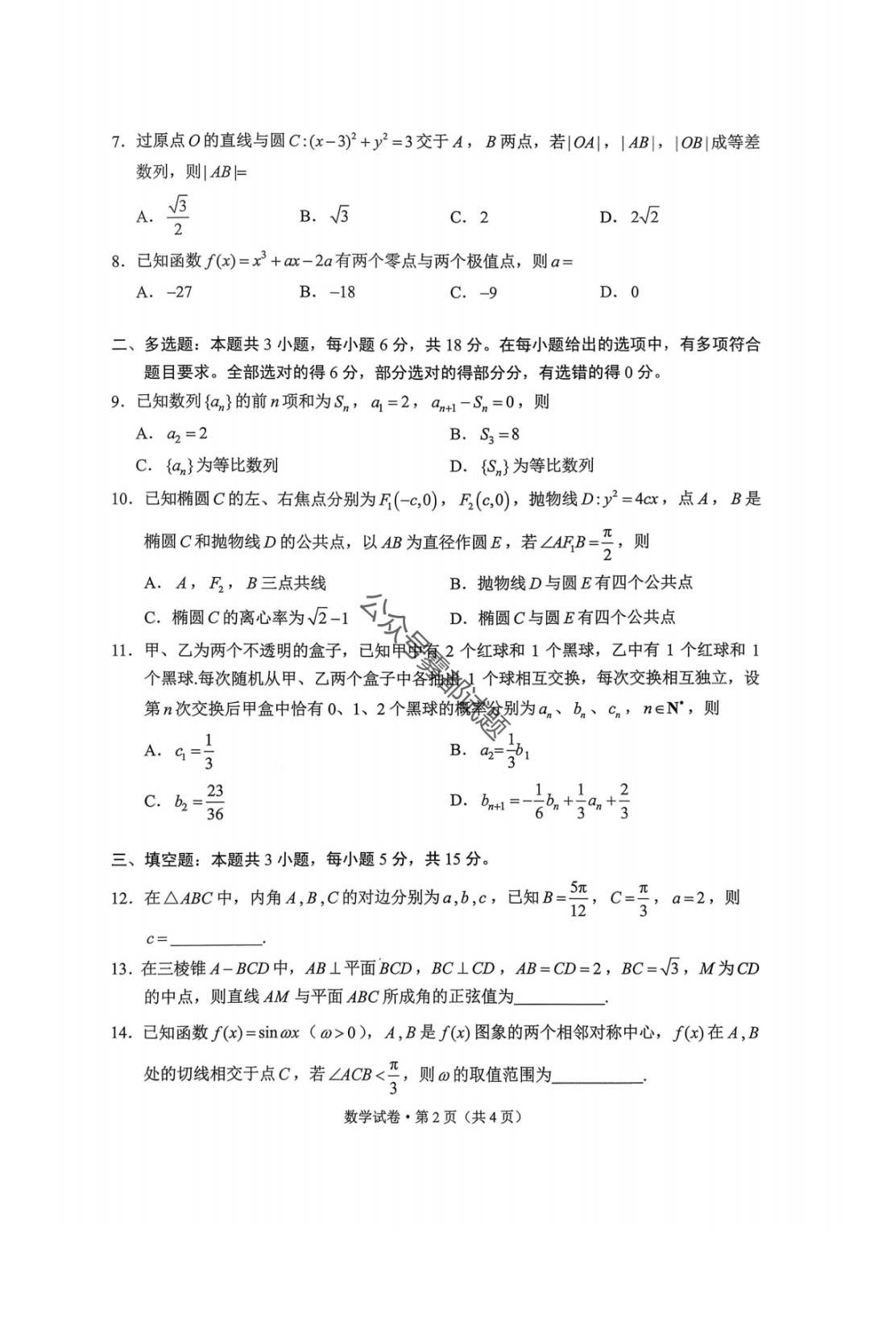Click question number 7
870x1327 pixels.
118,143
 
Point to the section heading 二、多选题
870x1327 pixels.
152,345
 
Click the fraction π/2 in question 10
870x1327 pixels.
607,543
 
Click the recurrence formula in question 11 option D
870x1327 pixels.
555,801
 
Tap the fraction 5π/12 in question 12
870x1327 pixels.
578,898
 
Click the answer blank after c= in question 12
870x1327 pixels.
217,938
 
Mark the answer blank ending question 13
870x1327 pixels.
560,998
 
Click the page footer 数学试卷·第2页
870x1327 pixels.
433,1117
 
